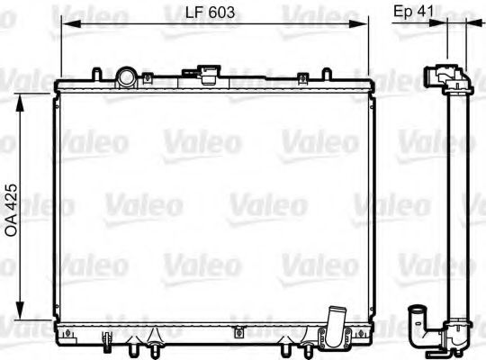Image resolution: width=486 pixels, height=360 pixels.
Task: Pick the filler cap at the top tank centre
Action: pos(210,72)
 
